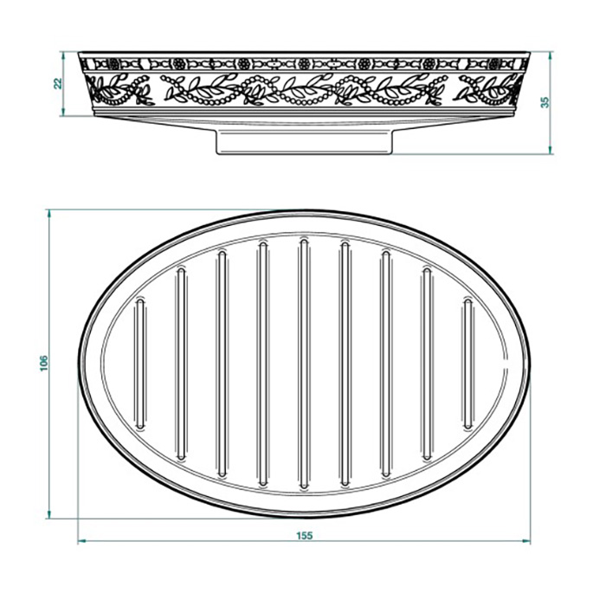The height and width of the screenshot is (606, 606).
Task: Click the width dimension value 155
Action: (303, 535)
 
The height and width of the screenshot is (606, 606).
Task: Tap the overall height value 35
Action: (544, 102)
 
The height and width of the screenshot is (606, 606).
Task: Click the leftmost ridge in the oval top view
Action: (139, 364)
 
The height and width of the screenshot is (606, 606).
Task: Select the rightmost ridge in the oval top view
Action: (467, 364)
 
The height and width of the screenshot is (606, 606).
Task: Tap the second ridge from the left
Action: (180, 364)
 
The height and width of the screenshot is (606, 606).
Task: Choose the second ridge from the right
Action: (427, 364)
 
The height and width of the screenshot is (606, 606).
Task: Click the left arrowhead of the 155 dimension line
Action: (81, 542)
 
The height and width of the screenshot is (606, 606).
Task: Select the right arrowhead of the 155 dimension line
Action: (525, 542)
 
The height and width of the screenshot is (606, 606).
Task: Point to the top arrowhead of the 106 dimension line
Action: (50, 213)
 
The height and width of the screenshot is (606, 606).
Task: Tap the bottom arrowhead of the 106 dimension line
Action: (50, 516)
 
